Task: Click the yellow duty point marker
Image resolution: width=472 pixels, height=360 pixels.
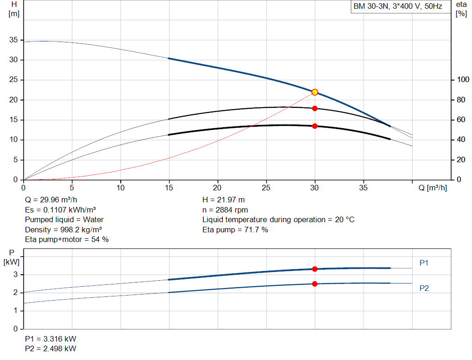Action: [x=314, y=92]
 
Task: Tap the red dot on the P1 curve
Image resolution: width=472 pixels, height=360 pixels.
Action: [x=314, y=269]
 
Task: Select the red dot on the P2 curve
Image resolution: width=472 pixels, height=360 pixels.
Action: [x=314, y=284]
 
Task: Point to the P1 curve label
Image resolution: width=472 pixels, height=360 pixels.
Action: [x=424, y=263]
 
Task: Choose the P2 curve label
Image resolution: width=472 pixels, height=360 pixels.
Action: [x=424, y=288]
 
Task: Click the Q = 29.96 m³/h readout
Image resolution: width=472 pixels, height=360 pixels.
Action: [x=51, y=200]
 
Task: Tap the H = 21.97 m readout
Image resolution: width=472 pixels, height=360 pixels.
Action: [x=224, y=200]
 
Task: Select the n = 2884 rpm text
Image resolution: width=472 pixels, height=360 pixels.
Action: [x=225, y=210]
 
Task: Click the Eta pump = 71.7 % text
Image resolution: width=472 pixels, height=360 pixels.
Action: [x=235, y=230]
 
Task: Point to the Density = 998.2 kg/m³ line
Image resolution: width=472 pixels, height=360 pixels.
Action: [x=63, y=230]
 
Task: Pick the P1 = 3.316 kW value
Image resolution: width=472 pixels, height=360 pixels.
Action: [x=51, y=339]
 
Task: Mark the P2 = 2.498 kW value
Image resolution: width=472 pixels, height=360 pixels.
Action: [x=51, y=348]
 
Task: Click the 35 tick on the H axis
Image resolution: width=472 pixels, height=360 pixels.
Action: [x=13, y=40]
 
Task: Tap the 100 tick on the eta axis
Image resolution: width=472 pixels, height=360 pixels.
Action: [x=463, y=79]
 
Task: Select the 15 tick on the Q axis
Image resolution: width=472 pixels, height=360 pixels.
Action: [x=169, y=188]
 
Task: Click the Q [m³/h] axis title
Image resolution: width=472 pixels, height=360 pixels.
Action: [x=432, y=188]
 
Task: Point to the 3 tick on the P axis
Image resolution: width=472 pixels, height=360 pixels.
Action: [x=15, y=275]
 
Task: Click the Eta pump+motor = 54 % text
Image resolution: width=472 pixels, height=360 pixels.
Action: [x=67, y=240]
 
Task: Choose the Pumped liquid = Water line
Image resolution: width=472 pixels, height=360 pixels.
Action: [x=64, y=220]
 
